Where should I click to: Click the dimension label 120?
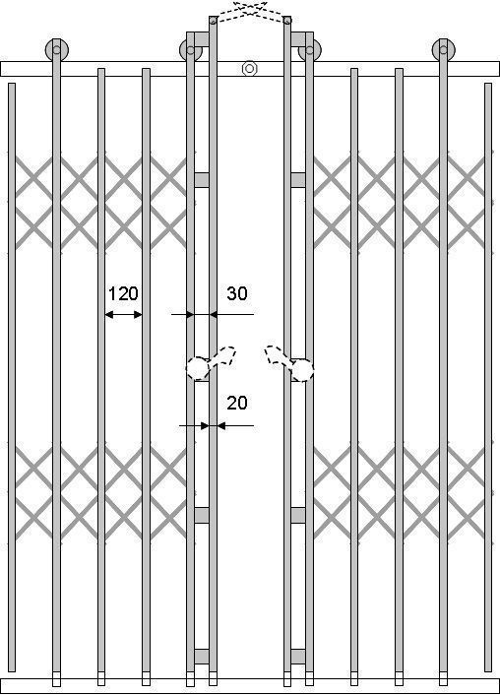(123, 293)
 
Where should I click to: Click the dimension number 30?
(237, 293)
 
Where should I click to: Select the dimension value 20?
(237, 403)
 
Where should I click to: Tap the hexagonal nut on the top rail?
(250, 69)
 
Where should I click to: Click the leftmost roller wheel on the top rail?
(57, 49)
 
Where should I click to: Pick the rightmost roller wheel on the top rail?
(443, 49)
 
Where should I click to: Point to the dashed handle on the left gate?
(210, 363)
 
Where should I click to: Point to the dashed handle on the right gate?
(290, 363)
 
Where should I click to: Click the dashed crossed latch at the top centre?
(250, 11)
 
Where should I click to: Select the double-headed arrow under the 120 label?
(123, 315)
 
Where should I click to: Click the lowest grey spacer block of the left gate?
(202, 657)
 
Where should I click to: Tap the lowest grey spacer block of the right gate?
(298, 657)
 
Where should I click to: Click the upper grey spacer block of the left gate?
(202, 180)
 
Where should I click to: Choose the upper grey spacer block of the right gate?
(298, 180)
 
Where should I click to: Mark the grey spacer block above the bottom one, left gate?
(202, 516)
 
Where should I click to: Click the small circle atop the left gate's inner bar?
(213, 20)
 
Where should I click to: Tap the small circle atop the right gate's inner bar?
(287, 20)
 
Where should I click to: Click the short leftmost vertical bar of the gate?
(12, 377)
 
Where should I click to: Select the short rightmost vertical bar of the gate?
(488, 377)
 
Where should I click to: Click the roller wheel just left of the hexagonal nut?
(191, 50)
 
